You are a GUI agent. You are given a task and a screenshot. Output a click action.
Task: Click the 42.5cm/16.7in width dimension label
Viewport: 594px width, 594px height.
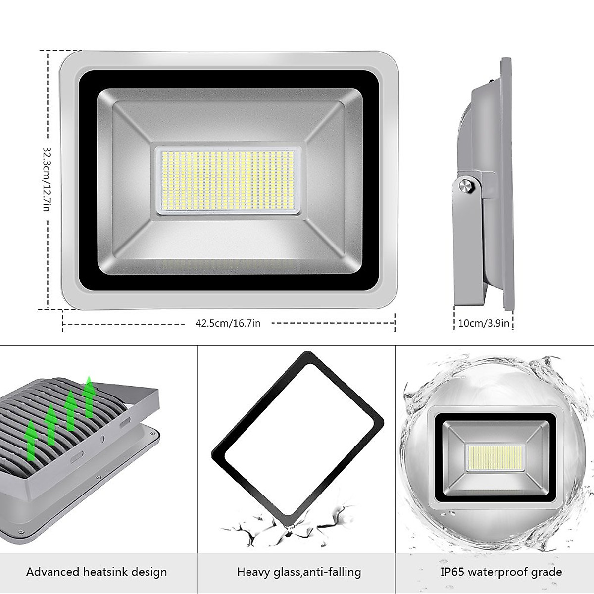[x=228, y=323]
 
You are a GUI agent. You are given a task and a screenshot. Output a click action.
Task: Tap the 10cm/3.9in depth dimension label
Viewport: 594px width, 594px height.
[x=484, y=323]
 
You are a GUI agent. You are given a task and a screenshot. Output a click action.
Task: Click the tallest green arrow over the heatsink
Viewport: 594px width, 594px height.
[x=89, y=396]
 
